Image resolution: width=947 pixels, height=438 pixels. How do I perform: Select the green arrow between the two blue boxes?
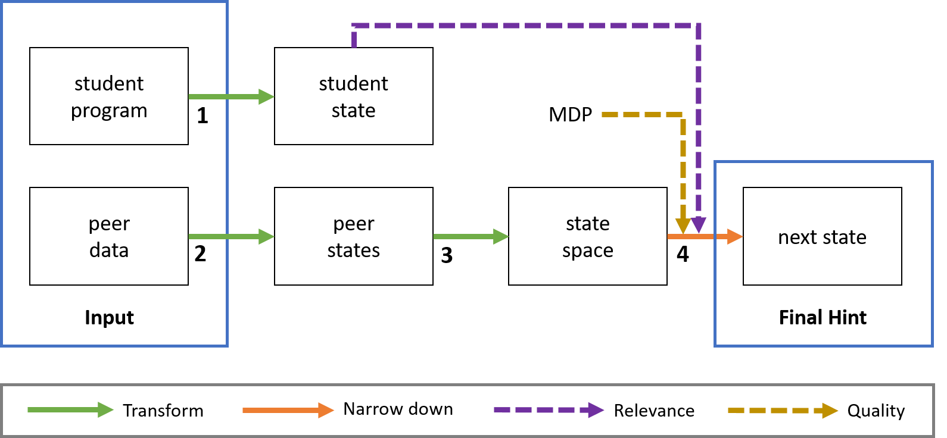(x=471, y=237)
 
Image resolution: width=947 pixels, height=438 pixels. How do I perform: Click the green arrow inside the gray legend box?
(x=70, y=410)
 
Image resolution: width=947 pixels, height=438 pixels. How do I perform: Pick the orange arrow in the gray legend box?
(x=288, y=410)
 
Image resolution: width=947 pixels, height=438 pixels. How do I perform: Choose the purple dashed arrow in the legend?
(x=549, y=410)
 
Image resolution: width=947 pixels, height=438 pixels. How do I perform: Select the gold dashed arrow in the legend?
(x=783, y=411)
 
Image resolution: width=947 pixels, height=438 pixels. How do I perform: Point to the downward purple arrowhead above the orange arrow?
(x=699, y=226)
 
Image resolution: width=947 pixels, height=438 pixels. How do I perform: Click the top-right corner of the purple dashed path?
(x=698, y=26)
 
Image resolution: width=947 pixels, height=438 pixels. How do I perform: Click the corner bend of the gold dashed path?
(x=683, y=115)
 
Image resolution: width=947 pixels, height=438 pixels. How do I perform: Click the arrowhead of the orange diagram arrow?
(x=735, y=237)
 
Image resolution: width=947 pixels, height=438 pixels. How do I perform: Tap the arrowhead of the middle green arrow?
(x=501, y=237)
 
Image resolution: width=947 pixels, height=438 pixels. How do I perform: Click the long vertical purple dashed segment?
(x=699, y=119)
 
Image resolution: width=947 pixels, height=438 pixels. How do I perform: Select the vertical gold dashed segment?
(x=683, y=167)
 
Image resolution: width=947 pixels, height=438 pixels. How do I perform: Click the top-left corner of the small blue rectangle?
(x=715, y=162)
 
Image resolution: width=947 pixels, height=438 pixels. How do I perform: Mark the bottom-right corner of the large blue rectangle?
(x=227, y=345)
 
